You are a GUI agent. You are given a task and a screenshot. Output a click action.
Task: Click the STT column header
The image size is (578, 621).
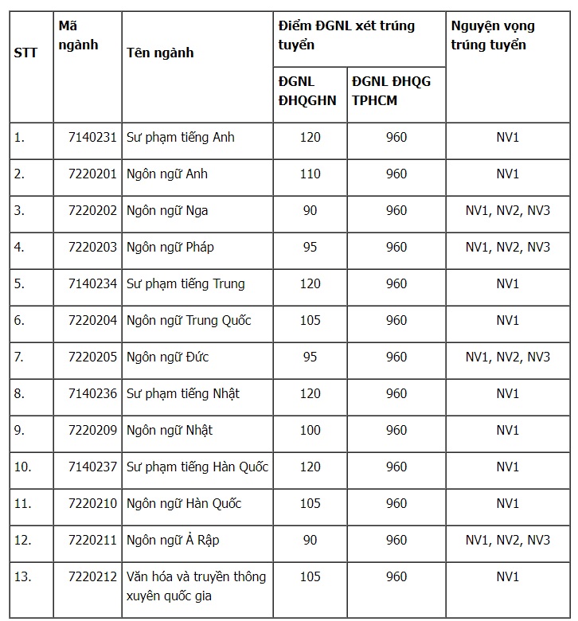pos(25,53)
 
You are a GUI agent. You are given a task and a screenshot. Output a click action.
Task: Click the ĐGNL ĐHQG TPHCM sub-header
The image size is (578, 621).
pos(385,91)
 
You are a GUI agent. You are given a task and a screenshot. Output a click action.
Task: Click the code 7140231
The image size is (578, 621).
pos(93,137)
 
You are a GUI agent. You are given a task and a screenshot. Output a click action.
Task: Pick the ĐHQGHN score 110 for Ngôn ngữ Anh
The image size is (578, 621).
pos(310,174)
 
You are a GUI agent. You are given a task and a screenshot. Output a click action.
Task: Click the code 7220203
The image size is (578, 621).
pos(93,247)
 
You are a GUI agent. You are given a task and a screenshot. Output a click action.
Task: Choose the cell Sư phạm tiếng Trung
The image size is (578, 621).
pos(186,283)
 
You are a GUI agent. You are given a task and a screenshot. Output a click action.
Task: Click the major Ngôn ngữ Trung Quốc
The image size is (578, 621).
pos(189,320)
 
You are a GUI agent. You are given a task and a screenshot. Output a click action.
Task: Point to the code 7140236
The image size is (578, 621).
pos(93,393)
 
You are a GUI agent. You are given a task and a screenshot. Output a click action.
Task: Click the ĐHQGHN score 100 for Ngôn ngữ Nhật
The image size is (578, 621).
pos(310,430)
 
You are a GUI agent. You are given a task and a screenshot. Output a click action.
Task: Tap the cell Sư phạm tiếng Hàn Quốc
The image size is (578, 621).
pos(197,467)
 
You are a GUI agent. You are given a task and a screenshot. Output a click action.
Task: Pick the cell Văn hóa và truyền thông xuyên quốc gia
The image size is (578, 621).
pos(196,585)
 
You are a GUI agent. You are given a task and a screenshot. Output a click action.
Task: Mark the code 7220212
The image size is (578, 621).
pos(93,576)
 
